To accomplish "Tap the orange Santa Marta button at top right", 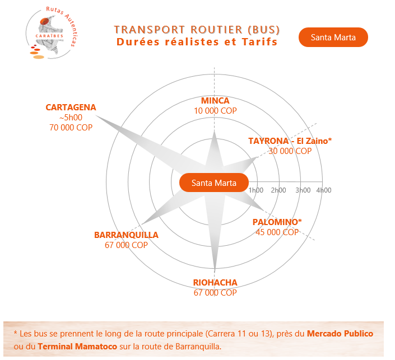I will point(333,38).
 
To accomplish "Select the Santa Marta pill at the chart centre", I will point(213,183).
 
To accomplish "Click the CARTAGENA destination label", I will point(71,107).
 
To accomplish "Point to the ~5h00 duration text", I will point(71,118).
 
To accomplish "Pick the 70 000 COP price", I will point(71,128).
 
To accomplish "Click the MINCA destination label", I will point(215,101).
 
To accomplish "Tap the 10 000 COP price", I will point(215,111).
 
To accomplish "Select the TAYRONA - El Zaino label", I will point(290,141).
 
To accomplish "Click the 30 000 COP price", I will point(290,151).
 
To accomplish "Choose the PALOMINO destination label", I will point(277,222).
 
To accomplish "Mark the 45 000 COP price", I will point(277,232).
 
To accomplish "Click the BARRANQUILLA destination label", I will point(126,235).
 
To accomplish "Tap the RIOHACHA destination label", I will point(215,283).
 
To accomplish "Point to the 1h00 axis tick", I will point(255,190).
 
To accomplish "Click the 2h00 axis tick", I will point(278,190).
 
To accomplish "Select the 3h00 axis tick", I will point(303,190).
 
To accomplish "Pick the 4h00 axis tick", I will point(323,190).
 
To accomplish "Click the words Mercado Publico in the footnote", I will point(340,334).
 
